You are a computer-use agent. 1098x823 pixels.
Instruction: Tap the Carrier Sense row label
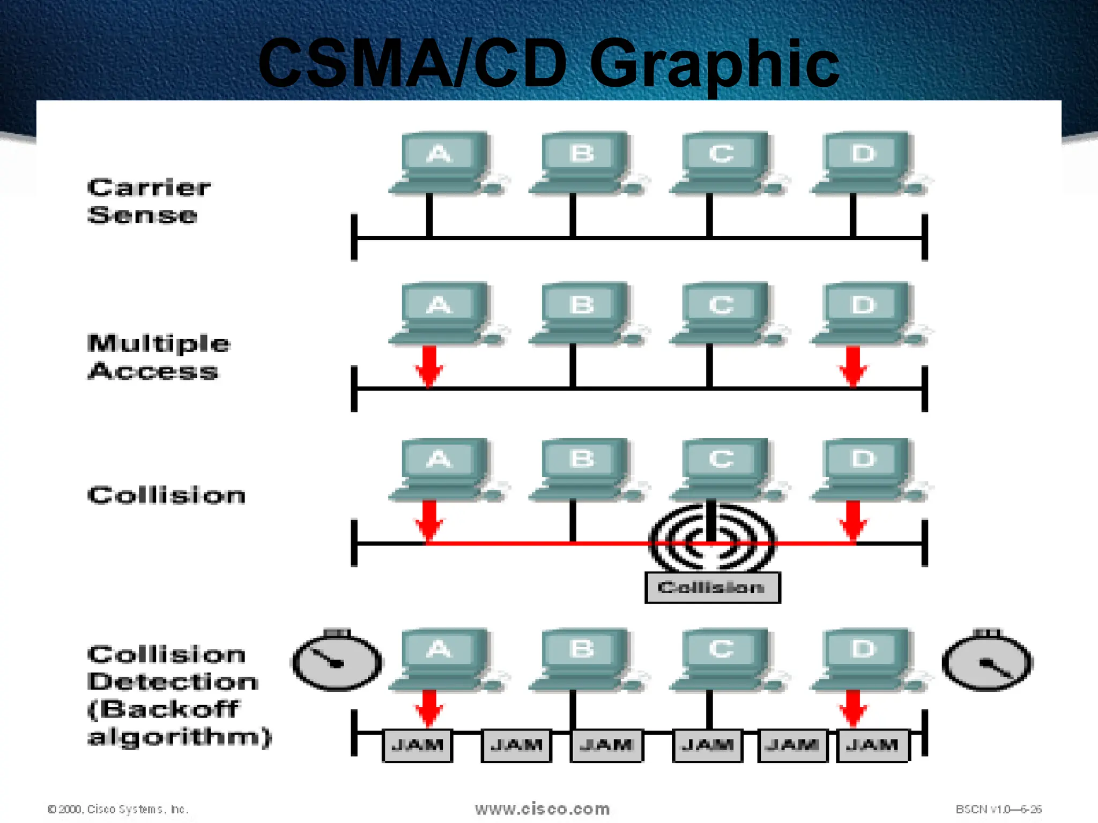point(149,201)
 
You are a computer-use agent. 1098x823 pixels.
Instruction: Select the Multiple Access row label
point(159,357)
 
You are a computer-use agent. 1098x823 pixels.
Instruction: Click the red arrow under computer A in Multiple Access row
point(429,365)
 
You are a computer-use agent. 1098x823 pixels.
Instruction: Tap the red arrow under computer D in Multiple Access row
point(853,365)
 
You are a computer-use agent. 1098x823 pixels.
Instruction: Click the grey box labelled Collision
point(712,588)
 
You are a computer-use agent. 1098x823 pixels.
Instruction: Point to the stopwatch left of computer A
point(337,661)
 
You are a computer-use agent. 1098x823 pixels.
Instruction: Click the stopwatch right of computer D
point(988,661)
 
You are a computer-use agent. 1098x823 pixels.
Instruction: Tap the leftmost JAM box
point(417,745)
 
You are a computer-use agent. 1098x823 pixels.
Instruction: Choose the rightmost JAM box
point(873,745)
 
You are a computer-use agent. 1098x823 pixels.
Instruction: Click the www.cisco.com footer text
point(542,809)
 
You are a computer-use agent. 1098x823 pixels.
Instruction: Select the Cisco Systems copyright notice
point(118,809)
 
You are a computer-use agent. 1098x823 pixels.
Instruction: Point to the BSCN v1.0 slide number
point(998,809)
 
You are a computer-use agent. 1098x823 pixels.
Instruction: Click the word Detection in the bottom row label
point(173,682)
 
